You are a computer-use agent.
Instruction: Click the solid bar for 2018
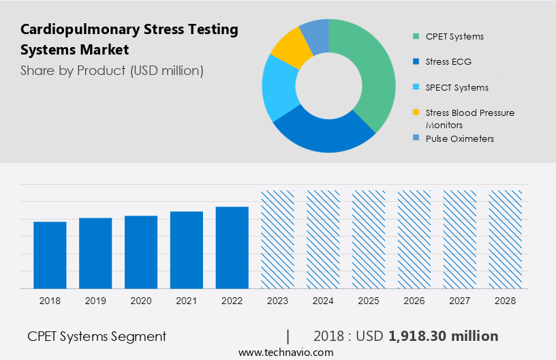tap(50, 255)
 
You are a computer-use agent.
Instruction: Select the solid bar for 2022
tap(232, 247)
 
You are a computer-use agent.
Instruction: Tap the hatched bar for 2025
tap(369, 239)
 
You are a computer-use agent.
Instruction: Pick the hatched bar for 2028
tap(505, 239)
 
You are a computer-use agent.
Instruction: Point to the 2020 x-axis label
tap(141, 300)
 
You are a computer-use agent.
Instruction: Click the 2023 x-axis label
tap(278, 300)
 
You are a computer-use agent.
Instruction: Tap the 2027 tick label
tap(460, 300)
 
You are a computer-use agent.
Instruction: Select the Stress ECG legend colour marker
tap(416, 62)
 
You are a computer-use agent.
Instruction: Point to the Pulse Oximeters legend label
tap(459, 138)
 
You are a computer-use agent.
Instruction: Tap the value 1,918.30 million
tap(443, 336)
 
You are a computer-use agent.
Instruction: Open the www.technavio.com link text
tap(285, 352)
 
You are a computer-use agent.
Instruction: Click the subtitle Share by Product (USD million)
tap(112, 70)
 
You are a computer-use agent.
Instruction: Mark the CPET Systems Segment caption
tap(97, 336)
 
